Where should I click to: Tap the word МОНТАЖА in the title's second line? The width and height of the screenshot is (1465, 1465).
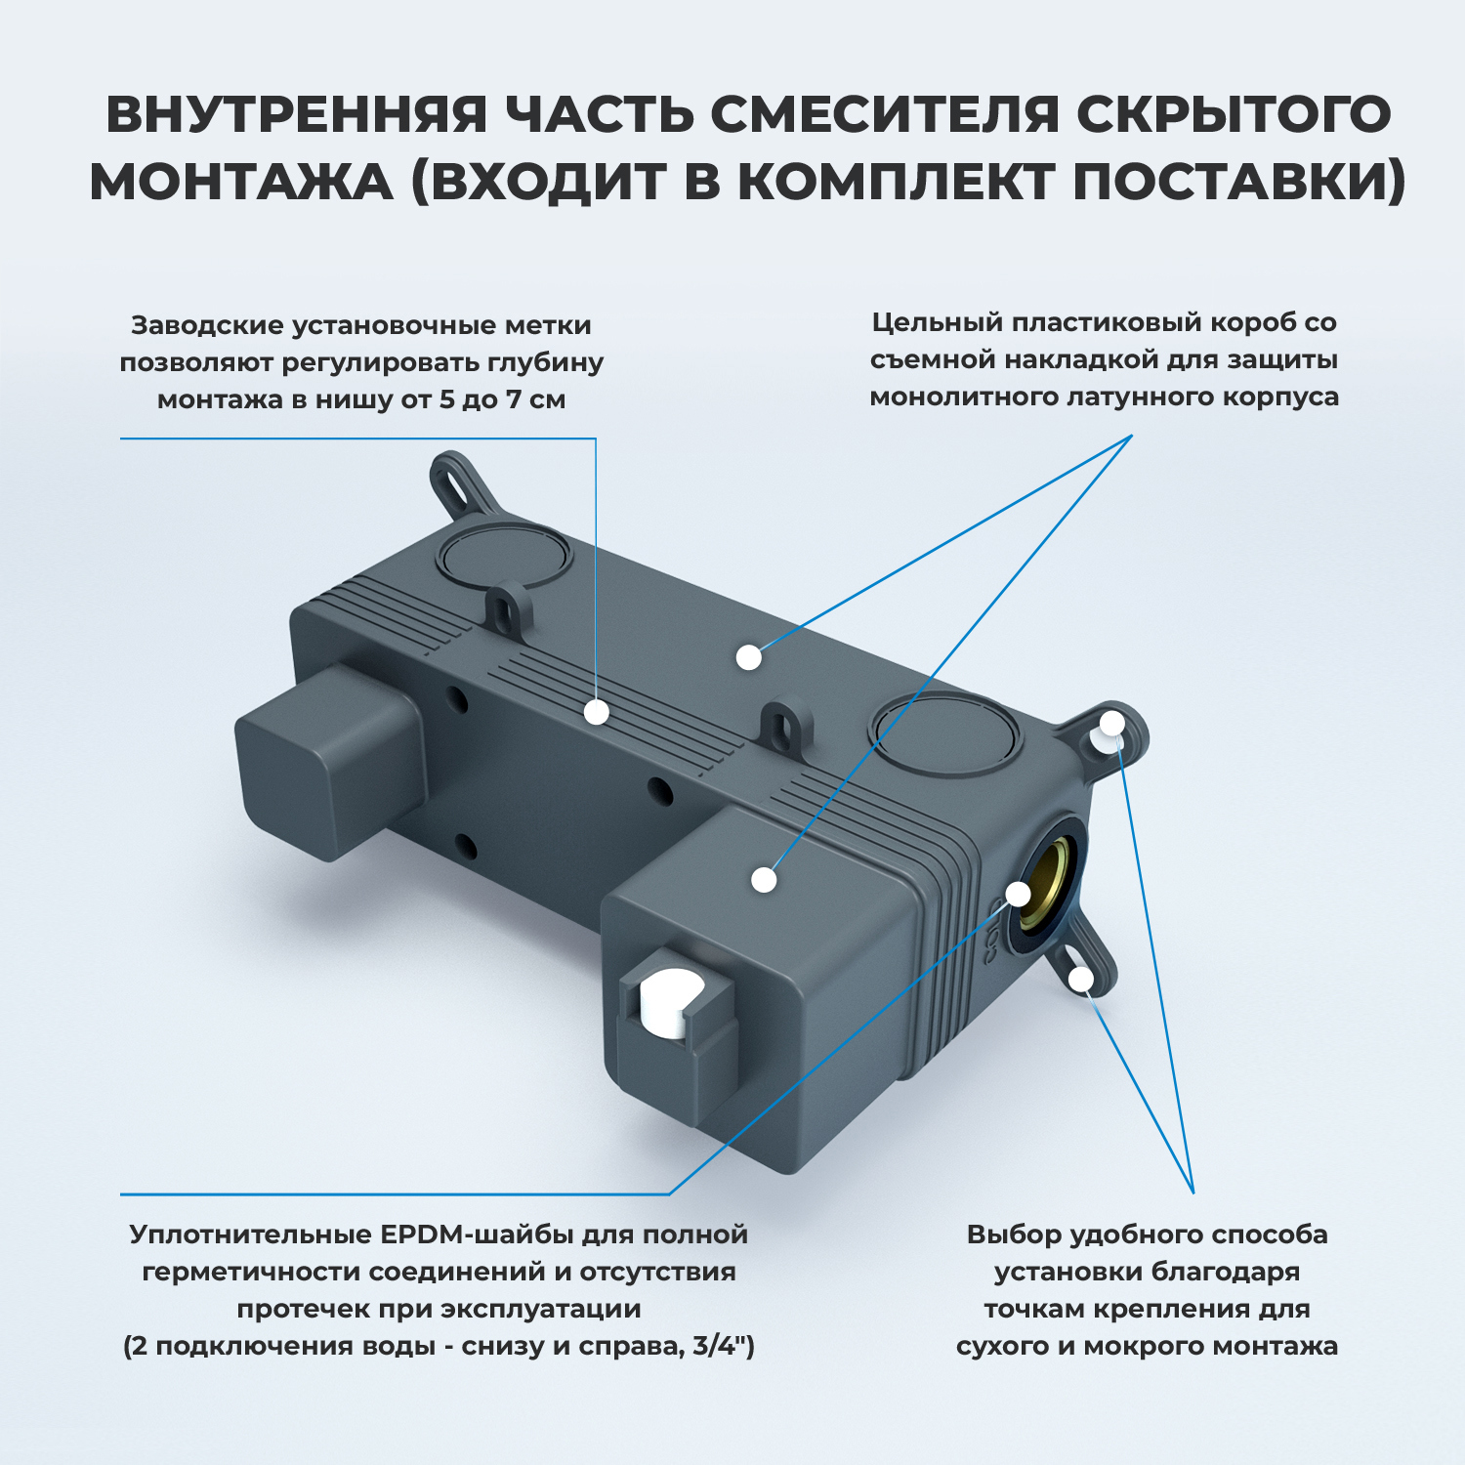(241, 182)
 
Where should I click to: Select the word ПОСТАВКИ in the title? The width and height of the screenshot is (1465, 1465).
(1238, 182)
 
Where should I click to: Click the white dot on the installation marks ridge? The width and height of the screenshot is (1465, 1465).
(597, 712)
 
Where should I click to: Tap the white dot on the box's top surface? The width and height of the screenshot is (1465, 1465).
(748, 657)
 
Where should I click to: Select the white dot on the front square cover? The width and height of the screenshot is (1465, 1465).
(764, 879)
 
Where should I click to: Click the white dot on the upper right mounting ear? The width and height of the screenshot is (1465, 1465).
(1112, 724)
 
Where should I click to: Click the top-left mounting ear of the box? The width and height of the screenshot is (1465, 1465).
(454, 483)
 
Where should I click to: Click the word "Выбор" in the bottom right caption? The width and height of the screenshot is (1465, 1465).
(1013, 1235)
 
